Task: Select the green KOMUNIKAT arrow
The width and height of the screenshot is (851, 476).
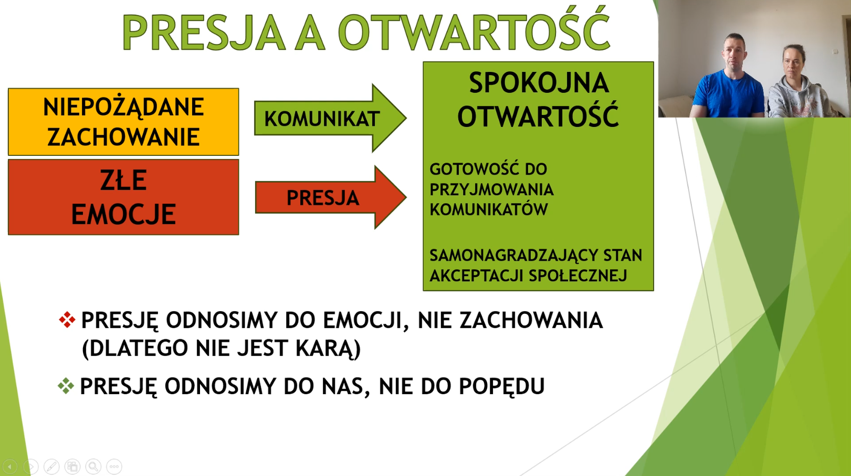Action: tap(330, 118)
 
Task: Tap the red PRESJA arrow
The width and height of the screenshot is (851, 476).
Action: tap(330, 197)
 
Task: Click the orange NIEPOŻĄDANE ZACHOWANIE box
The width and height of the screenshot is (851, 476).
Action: tap(123, 122)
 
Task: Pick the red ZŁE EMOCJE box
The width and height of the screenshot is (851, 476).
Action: tap(123, 197)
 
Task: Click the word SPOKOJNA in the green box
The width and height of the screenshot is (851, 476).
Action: tap(539, 83)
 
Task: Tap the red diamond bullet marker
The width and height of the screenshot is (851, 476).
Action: tap(67, 320)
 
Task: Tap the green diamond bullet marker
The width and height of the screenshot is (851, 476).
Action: tap(66, 386)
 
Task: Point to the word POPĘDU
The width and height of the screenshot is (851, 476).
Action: tap(502, 387)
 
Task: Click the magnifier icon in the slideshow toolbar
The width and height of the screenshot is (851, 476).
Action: tap(93, 466)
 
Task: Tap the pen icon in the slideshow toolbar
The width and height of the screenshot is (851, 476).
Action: tap(51, 466)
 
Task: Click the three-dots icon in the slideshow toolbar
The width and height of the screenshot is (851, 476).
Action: tap(114, 466)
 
